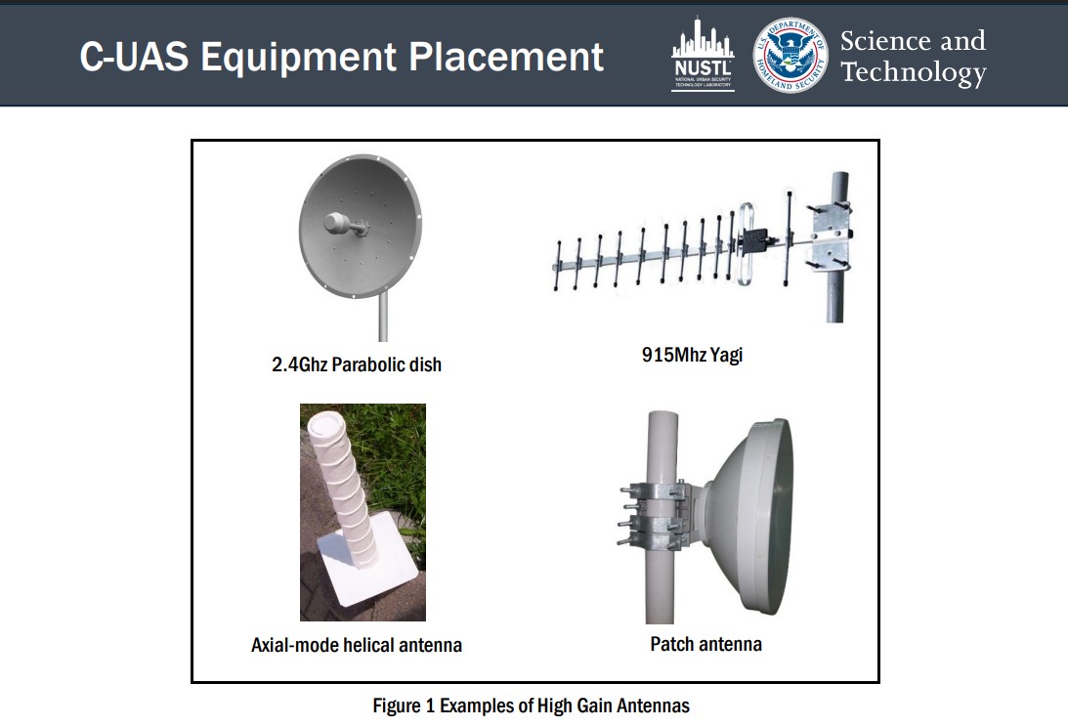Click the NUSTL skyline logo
tap(703, 54)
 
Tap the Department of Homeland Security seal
tap(790, 55)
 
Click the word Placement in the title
tap(506, 57)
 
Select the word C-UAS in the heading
tap(134, 56)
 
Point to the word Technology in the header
tap(914, 72)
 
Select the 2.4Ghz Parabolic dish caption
tap(357, 364)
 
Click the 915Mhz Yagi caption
tap(692, 355)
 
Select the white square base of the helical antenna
tap(365, 559)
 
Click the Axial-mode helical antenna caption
tap(357, 645)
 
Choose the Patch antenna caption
tap(705, 644)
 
